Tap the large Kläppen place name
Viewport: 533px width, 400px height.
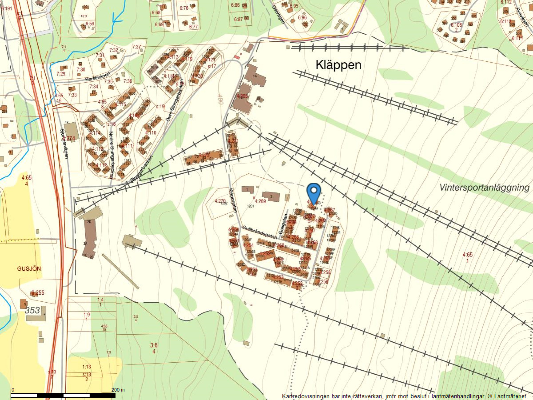[338, 65]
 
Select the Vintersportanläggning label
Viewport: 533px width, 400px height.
[484, 187]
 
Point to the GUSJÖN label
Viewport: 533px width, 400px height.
[29, 268]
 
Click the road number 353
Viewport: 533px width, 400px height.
[33, 310]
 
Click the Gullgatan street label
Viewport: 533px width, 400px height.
[282, 227]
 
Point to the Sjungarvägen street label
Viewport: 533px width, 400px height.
[64, 144]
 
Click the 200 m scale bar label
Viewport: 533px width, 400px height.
[118, 390]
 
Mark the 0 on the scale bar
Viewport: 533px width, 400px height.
[13, 390]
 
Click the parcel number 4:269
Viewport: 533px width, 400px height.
[260, 201]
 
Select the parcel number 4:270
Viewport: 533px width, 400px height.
[220, 201]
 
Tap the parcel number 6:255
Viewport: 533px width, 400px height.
[38, 293]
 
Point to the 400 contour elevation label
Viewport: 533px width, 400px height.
[221, 99]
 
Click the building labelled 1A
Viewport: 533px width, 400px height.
[255, 75]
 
